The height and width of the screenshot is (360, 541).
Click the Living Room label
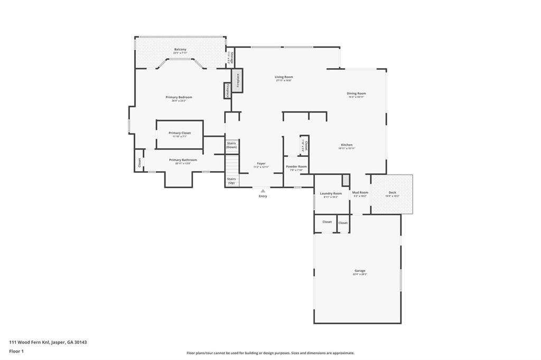pyautogui.click(x=284, y=77)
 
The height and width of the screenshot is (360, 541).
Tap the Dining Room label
pyautogui.click(x=357, y=94)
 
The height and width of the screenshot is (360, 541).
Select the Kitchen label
pyautogui.click(x=347, y=145)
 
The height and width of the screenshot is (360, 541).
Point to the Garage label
pyautogui.click(x=360, y=271)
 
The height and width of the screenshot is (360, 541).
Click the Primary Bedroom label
pyautogui.click(x=179, y=97)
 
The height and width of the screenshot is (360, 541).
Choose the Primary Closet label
pyautogui.click(x=180, y=133)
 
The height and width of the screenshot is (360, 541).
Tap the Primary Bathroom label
pyautogui.click(x=183, y=160)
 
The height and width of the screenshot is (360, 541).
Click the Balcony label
pyautogui.click(x=180, y=50)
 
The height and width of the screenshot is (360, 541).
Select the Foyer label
pyautogui.click(x=262, y=164)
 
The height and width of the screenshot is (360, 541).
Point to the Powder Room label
pyautogui.click(x=296, y=167)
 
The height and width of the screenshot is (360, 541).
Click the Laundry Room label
pyautogui.click(x=331, y=193)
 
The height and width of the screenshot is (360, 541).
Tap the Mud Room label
pyautogui.click(x=360, y=193)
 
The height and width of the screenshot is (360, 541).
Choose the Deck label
pyautogui.click(x=392, y=192)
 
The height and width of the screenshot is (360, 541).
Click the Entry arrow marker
pyautogui.click(x=263, y=191)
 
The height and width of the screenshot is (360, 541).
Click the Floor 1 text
pyautogui.click(x=16, y=351)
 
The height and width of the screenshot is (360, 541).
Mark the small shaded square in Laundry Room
pyautogui.click(x=346, y=180)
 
